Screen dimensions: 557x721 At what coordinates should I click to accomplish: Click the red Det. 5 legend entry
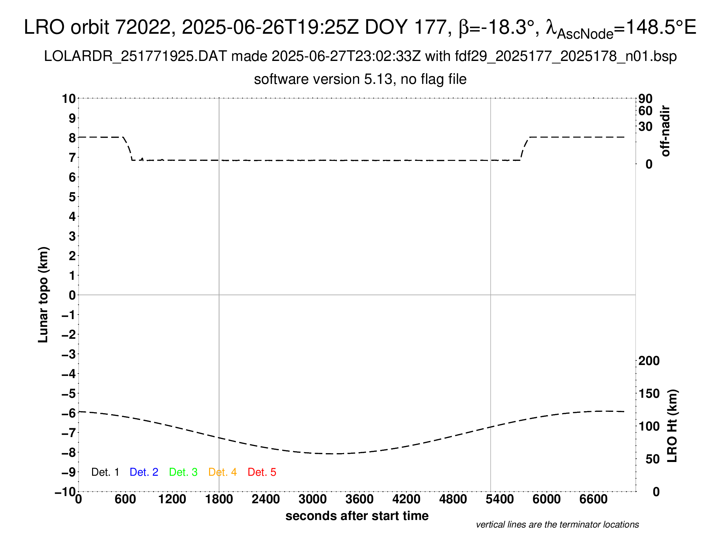pos(262,472)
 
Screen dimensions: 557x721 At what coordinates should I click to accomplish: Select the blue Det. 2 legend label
pos(144,472)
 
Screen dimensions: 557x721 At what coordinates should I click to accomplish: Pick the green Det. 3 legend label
pos(183,472)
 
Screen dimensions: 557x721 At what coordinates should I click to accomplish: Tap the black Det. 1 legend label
pos(105,472)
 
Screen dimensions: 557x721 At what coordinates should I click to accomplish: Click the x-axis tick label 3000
pos(312,499)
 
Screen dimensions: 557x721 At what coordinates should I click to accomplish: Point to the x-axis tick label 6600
pos(593,499)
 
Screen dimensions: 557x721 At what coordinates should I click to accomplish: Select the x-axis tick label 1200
pos(172,499)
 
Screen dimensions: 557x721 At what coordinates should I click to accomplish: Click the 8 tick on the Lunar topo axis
pos(72,138)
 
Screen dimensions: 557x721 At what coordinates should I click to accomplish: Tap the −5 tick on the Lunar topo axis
pos(69,394)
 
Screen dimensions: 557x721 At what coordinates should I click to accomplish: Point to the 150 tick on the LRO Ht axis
pos(649,394)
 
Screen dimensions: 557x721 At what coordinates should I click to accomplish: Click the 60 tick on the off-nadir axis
pos(645,111)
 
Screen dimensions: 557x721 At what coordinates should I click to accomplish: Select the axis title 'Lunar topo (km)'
pos(43,295)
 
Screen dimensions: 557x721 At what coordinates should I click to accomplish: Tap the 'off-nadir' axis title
pos(666,131)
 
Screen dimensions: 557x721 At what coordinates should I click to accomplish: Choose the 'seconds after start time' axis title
pos(357,516)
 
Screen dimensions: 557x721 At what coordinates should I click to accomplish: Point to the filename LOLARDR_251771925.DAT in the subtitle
pos(135,56)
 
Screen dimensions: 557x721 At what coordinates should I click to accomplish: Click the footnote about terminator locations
pos(557,525)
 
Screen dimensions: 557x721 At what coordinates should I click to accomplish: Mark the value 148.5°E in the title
pos(661,27)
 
